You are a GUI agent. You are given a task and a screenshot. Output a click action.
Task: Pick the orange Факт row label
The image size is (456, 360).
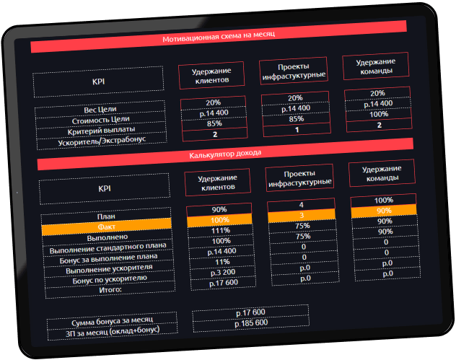pyautogui.click(x=106, y=227)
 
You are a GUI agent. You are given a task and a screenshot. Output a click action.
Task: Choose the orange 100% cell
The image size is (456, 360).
pyautogui.click(x=220, y=219)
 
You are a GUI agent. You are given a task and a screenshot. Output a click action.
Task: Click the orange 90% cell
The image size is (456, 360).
pyautogui.click(x=384, y=211)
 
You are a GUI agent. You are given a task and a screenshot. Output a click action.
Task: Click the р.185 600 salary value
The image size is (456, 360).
pyautogui.click(x=251, y=322)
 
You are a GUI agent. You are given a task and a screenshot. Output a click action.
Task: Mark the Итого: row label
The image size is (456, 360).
pyautogui.click(x=105, y=289)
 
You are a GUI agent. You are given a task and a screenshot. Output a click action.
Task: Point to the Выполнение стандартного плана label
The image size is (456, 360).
pyautogui.click(x=105, y=247)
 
